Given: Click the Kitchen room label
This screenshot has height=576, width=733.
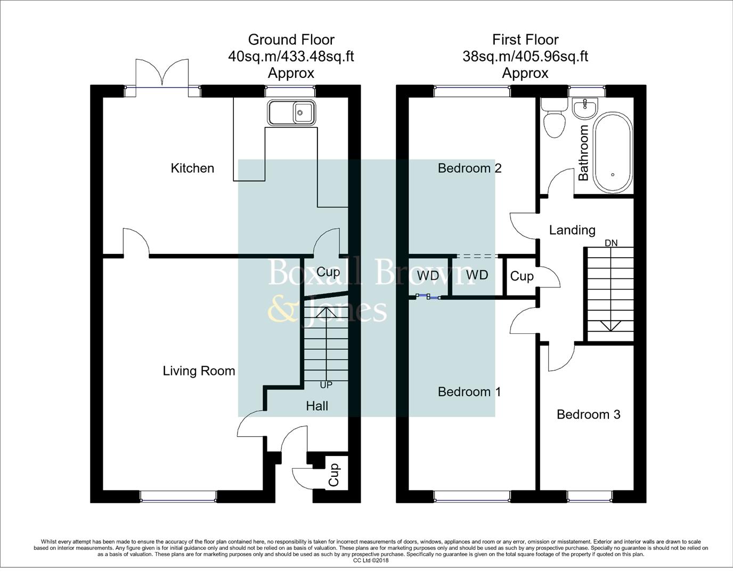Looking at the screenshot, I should (192, 168).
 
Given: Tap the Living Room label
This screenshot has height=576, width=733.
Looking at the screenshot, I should (199, 371).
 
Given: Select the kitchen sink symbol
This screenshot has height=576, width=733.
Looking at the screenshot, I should (291, 113).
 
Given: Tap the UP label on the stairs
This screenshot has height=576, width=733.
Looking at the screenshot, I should (326, 385).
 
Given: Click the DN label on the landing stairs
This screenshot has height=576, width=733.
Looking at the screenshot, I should (611, 243).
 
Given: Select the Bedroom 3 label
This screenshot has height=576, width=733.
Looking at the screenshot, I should (588, 414).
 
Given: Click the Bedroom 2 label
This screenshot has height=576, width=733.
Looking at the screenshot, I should (469, 168).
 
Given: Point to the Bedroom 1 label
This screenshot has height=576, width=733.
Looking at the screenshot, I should (469, 391).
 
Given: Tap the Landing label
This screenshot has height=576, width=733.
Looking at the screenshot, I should (572, 230).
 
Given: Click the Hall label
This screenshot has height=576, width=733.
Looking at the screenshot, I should (317, 406).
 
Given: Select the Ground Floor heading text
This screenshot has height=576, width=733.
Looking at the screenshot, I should (291, 39).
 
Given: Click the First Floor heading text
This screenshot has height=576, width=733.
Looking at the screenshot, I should (525, 39).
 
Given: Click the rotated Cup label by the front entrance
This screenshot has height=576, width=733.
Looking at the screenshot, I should (334, 474).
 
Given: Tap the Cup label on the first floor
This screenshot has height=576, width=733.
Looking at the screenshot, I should (522, 276).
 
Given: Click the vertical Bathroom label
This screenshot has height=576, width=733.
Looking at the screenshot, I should (583, 153).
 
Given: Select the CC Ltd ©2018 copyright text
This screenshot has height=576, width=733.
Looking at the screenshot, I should (371, 560).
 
